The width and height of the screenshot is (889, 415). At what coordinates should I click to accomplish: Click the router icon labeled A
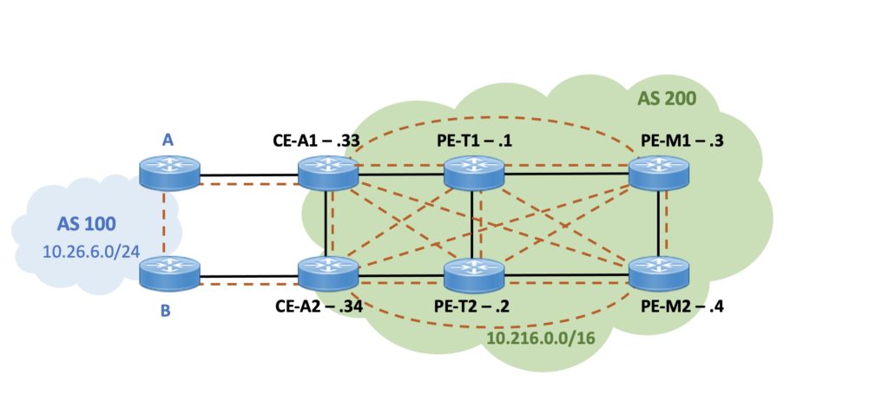click(169, 173)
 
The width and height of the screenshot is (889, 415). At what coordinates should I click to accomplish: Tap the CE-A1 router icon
click(328, 173)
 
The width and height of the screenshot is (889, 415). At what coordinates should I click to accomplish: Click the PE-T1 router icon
click(473, 173)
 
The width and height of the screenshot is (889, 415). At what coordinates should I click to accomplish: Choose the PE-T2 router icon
click(473, 274)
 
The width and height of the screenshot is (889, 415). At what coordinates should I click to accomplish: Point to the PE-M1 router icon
click(659, 173)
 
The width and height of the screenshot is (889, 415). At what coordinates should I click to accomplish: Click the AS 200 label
click(668, 98)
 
